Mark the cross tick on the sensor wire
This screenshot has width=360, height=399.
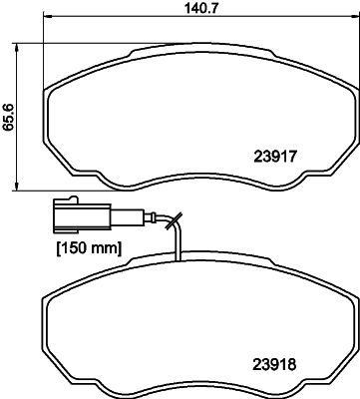click(176, 221)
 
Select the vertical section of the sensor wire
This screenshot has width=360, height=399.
click(177, 244)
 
